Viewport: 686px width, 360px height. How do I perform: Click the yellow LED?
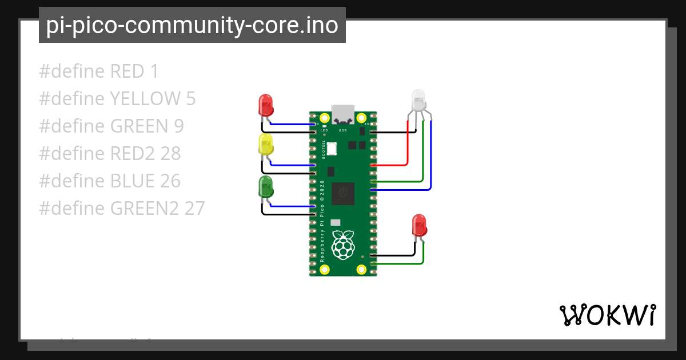[265, 145]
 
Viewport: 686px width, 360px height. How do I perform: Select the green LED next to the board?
[266, 187]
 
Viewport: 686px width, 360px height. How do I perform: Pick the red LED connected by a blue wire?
[266, 104]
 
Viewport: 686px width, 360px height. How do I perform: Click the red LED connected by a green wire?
[420, 225]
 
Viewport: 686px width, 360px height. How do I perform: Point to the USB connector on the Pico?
[343, 114]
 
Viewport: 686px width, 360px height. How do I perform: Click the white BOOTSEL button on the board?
[332, 150]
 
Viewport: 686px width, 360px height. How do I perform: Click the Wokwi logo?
[607, 315]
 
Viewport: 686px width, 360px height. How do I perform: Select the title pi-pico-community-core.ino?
[192, 25]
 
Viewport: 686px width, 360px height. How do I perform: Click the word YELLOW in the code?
[145, 99]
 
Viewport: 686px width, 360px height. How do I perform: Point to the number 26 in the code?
[170, 181]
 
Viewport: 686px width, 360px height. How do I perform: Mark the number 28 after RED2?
[171, 154]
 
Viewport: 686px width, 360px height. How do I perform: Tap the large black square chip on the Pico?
[342, 192]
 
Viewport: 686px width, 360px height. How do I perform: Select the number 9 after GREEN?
[178, 126]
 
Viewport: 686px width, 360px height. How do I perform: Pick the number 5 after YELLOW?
[191, 99]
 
